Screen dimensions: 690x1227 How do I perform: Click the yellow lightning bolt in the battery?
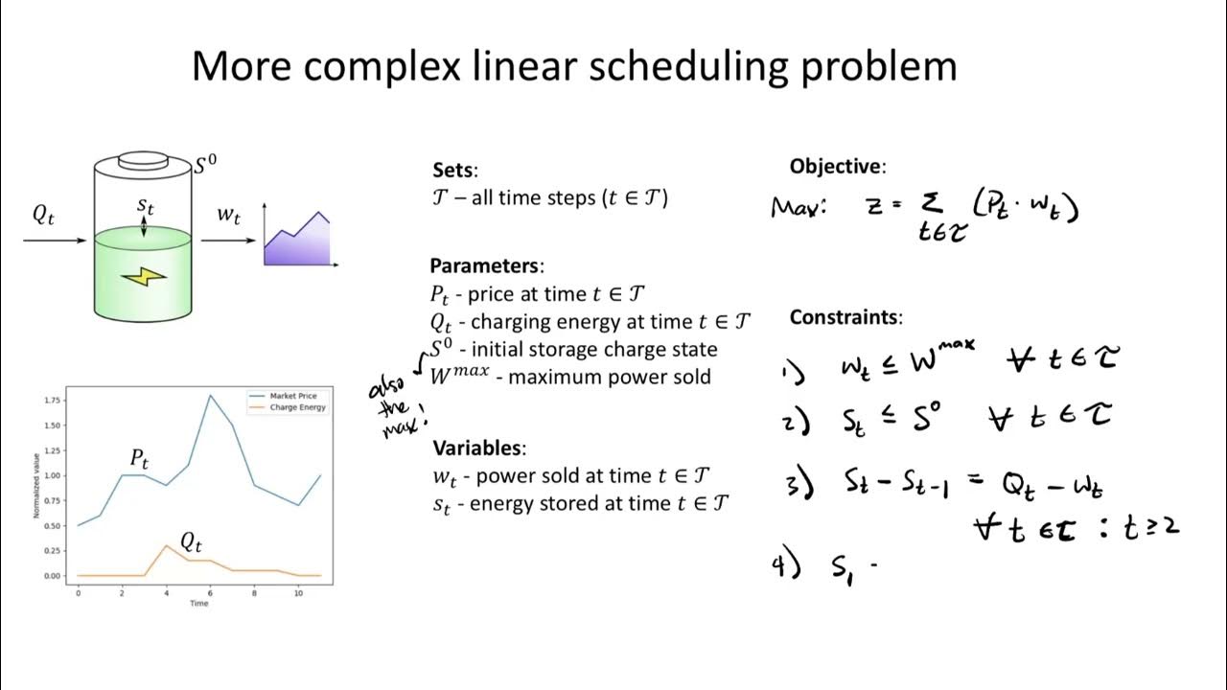coord(144,277)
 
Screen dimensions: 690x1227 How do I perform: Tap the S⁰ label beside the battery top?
coord(205,165)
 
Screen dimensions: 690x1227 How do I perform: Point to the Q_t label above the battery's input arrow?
coord(44,216)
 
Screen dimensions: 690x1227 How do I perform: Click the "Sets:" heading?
coord(454,171)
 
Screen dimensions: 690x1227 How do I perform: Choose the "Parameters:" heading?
coord(487,266)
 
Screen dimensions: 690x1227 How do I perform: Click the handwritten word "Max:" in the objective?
coord(798,206)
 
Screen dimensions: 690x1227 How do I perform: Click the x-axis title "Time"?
coord(198,603)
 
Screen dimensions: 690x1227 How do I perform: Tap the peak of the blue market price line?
coord(210,395)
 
